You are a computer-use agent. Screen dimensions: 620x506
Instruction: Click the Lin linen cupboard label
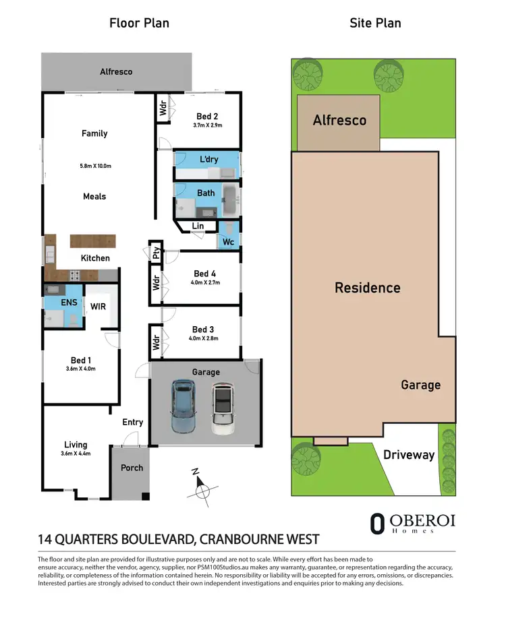click(198, 226)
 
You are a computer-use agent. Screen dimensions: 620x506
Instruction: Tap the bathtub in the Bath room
click(229, 199)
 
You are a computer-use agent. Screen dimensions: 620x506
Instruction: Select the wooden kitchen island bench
click(92, 241)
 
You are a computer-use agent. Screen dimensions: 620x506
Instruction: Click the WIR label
click(99, 306)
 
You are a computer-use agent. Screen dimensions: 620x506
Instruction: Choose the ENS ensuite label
click(69, 303)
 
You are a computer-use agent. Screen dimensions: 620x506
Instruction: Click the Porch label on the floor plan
click(132, 468)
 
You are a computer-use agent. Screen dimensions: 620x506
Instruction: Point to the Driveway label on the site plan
click(409, 455)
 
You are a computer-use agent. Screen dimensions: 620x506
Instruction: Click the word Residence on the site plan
click(368, 288)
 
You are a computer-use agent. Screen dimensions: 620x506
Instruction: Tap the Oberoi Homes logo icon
click(378, 524)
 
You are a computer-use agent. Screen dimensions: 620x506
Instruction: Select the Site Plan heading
click(375, 23)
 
